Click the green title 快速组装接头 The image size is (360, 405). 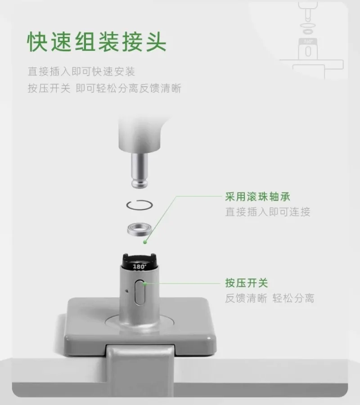97,42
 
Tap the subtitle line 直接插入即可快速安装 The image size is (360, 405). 81,71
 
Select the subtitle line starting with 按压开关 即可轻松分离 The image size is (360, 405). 104,88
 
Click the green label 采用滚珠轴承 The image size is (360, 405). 257,197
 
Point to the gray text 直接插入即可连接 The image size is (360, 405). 268,212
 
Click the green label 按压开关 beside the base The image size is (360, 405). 247,283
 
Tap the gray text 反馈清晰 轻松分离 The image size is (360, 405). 270,298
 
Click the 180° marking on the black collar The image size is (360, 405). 139,266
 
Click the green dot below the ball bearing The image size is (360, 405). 145,242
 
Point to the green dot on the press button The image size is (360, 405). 145,284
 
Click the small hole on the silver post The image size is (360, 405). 127,291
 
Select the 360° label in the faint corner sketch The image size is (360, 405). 308,41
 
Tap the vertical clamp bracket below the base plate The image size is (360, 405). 141,372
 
